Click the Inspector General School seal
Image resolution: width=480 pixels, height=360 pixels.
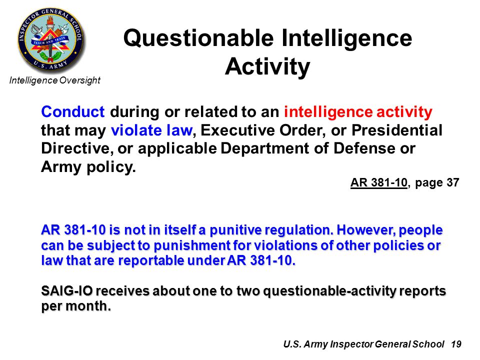[x=50, y=40]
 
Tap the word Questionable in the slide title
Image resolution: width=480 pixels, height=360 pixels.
[x=198, y=39]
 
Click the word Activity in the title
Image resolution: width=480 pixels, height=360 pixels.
[x=267, y=67]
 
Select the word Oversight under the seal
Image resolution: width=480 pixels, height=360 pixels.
[x=80, y=80]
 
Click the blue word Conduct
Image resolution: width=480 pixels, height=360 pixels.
[x=73, y=111]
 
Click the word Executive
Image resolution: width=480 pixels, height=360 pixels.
[x=237, y=130]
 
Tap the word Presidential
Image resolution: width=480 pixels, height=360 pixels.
[x=396, y=130]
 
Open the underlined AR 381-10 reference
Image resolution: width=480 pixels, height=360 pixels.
[x=379, y=183]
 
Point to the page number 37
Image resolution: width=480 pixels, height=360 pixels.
[x=453, y=183]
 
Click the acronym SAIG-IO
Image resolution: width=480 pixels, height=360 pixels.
[x=67, y=291]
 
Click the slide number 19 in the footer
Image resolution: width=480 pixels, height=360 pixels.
[x=456, y=344]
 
